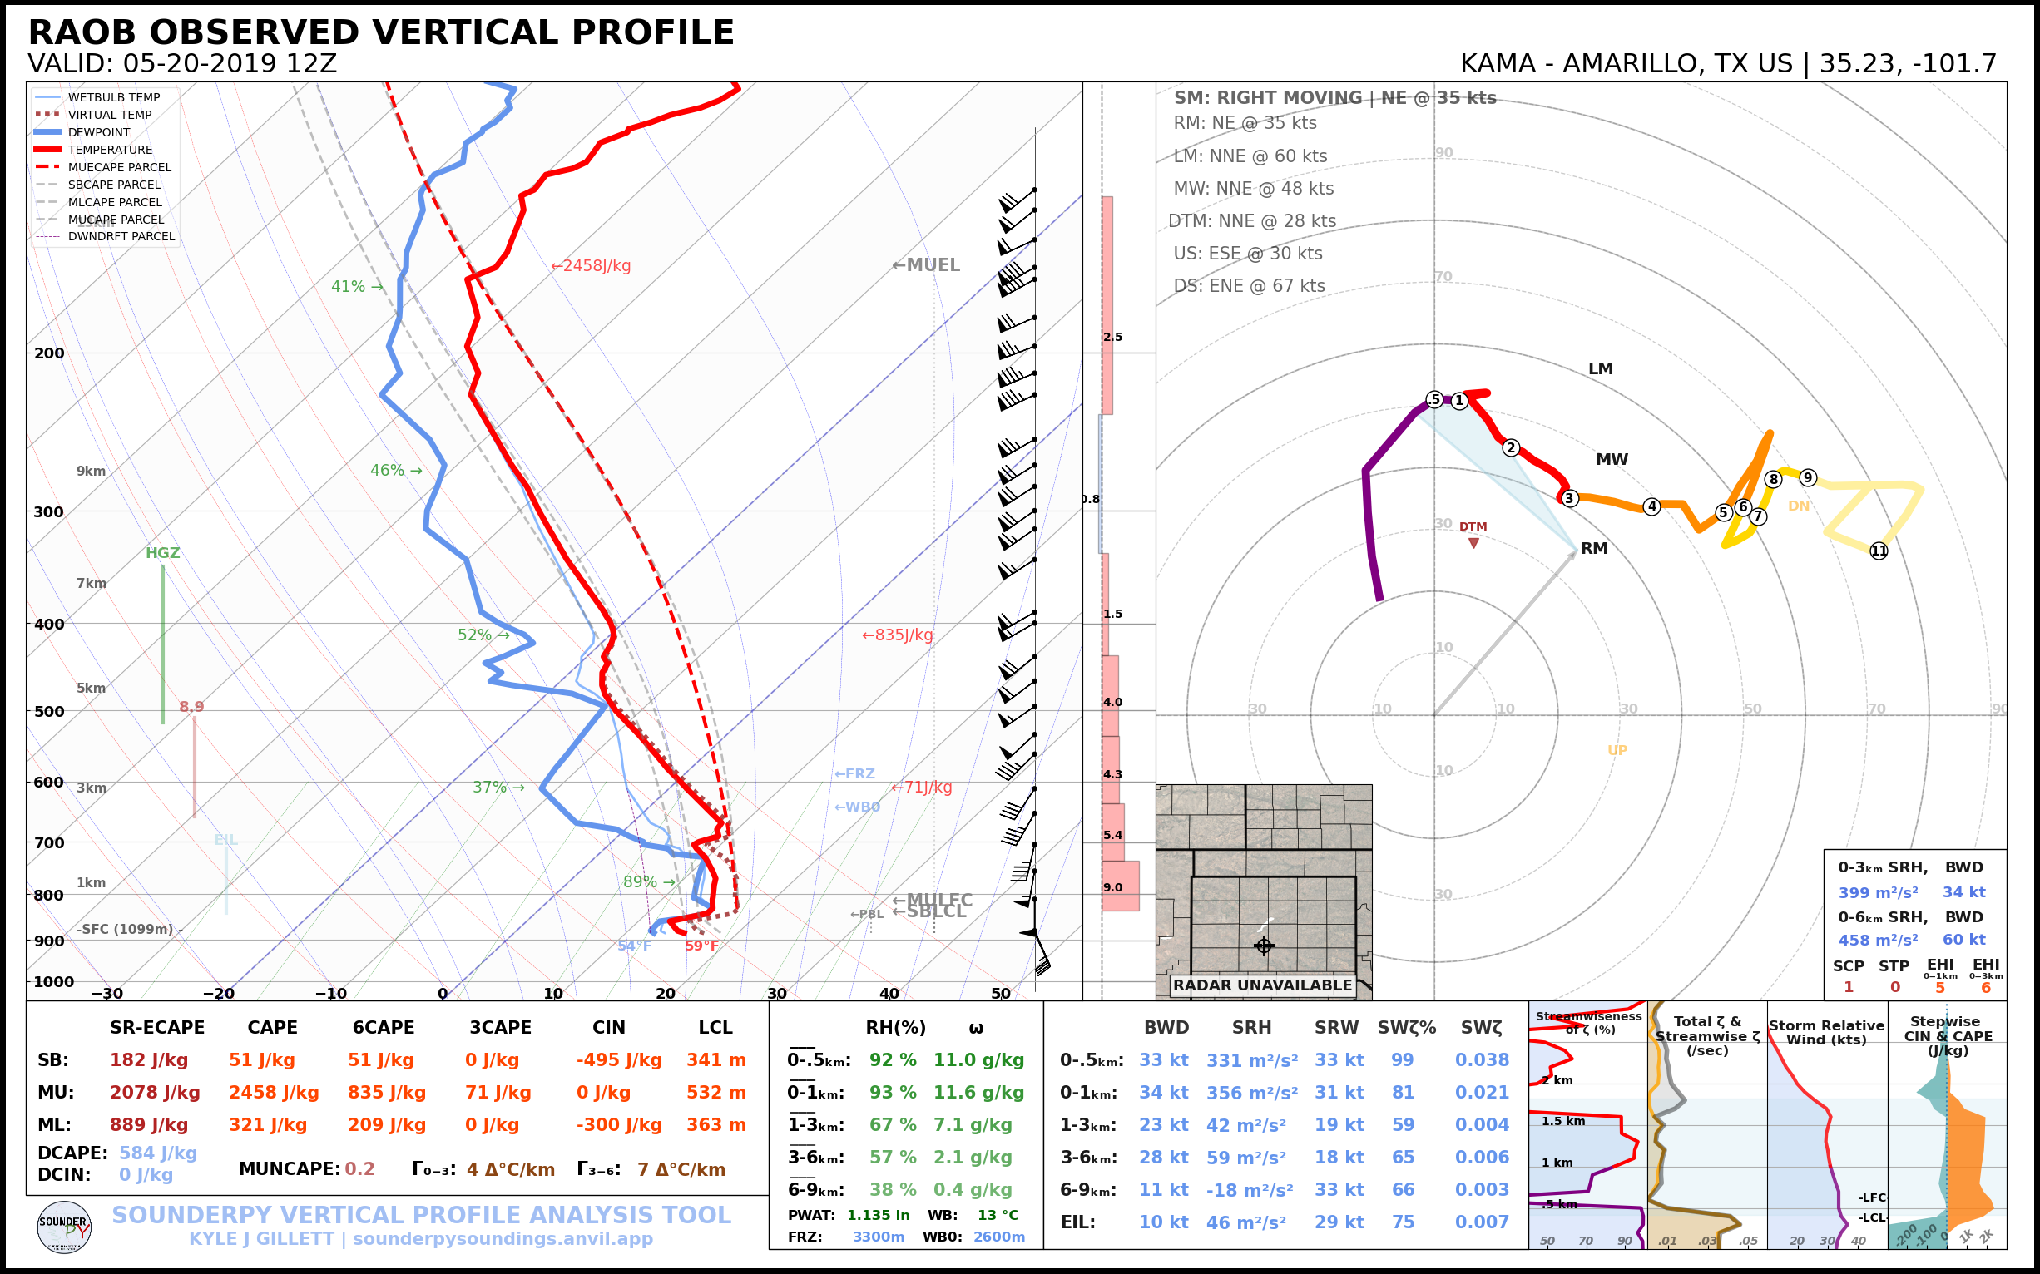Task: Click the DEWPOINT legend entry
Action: point(99,132)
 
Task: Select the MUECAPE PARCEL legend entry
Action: point(119,167)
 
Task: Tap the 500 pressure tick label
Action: point(49,711)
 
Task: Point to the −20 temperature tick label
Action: point(218,994)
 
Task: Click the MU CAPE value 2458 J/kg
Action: point(273,1093)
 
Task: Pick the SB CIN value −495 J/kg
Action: point(619,1060)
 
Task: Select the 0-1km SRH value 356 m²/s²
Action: point(1251,1093)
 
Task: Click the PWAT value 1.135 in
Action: point(878,1215)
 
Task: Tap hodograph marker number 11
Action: point(1879,551)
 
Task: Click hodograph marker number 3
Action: point(1569,498)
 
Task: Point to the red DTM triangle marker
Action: point(1473,543)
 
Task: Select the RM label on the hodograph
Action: point(1594,549)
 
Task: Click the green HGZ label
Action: point(163,553)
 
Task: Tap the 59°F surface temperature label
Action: point(701,946)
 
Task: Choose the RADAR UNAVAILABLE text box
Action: point(1262,985)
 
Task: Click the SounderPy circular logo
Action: point(64,1227)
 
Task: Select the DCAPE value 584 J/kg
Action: point(157,1153)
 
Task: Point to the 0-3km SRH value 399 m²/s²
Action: point(1877,892)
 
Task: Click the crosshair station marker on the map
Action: point(1263,946)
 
